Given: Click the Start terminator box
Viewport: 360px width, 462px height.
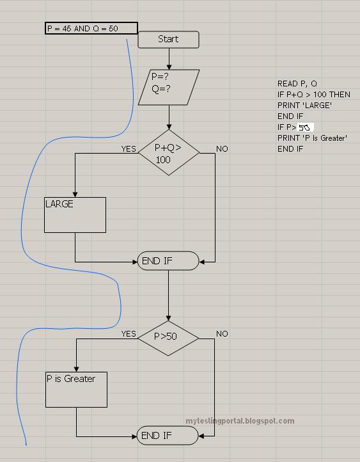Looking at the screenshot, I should coord(168,39).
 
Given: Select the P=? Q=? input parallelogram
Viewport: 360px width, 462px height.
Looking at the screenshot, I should coord(169,87).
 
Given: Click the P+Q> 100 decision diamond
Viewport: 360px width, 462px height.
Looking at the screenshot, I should coord(169,152).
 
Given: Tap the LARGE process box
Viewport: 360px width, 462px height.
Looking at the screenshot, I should coord(75,214).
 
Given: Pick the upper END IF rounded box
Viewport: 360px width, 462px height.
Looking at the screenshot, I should coord(168,261).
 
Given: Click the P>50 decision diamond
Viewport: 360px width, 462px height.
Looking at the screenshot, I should coord(169,337).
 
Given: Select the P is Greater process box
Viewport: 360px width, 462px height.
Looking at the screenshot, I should coord(76,389).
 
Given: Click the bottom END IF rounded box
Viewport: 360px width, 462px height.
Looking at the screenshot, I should coord(168,436).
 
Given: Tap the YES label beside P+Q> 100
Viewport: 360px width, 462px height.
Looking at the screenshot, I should coord(129,149).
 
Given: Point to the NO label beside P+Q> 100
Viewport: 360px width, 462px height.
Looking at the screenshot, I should coord(222,149).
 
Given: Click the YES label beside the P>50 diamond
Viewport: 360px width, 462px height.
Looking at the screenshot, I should coord(129,334).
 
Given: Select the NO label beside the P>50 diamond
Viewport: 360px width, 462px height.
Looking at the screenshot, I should coord(222,334).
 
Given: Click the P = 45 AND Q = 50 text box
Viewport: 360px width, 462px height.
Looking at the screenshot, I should coord(91,28).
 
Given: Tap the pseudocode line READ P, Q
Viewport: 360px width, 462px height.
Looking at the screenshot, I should coord(297,84).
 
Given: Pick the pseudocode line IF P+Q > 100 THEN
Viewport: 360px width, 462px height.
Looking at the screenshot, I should coord(313,95).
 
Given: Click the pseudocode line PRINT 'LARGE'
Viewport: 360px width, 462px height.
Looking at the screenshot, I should coord(304,106).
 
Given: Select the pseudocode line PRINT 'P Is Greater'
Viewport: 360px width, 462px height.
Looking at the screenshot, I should coord(312,138).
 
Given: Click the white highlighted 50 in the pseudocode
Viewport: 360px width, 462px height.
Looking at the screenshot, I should coord(305,127).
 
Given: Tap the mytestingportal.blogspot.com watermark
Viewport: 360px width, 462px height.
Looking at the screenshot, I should coord(240,421).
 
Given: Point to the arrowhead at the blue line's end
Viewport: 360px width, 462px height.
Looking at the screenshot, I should coord(26,442).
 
